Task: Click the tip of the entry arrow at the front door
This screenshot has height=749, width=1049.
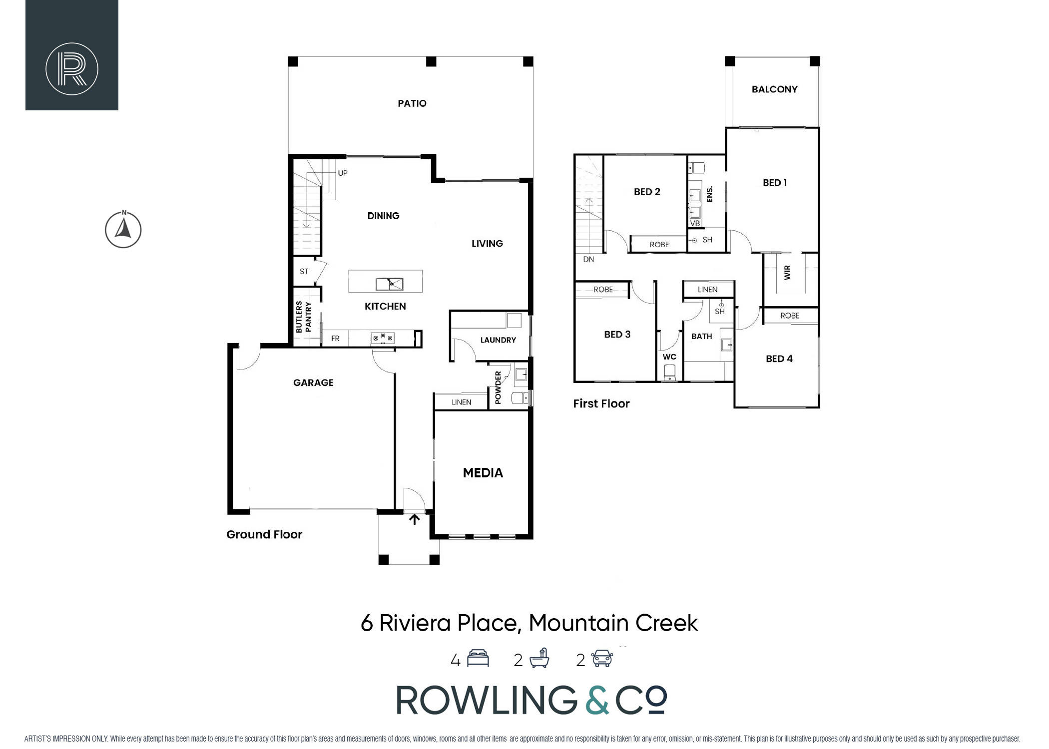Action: point(415,515)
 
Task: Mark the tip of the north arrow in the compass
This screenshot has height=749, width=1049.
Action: point(124,216)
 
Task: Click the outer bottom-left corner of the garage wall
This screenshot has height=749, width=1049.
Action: point(228,514)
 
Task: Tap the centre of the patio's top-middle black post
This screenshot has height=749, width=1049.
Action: point(431,61)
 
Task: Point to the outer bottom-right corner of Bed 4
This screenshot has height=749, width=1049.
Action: point(820,408)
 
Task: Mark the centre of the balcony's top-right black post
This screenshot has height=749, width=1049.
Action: point(815,61)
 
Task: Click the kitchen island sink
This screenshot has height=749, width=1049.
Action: point(390,284)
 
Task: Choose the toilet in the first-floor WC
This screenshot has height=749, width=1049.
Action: point(669,372)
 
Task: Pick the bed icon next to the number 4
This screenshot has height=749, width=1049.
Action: point(478,659)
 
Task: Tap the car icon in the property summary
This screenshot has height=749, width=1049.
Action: point(602,659)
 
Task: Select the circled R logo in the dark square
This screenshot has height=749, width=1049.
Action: point(72,69)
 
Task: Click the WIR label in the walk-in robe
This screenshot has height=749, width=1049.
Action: point(787,272)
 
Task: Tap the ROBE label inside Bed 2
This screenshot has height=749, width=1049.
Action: point(659,245)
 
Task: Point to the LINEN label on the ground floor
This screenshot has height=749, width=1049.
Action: point(462,402)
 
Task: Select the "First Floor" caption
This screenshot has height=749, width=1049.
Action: point(601,403)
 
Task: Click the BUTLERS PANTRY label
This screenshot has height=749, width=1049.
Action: point(304,317)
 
